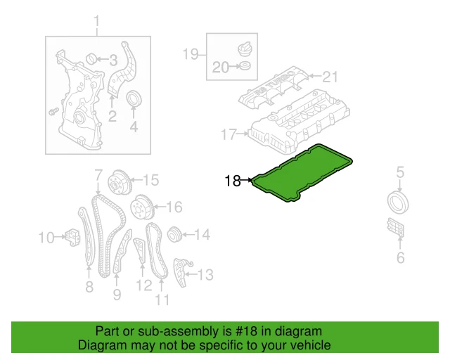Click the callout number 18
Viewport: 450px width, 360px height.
click(233, 181)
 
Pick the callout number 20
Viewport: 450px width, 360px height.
click(221, 68)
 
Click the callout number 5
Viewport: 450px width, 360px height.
click(399, 171)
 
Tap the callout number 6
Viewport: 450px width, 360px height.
click(400, 258)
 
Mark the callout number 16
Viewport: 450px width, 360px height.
click(174, 207)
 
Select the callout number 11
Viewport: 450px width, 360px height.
click(162, 301)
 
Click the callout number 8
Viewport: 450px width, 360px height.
click(89, 286)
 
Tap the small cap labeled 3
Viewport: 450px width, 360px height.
click(91, 58)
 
